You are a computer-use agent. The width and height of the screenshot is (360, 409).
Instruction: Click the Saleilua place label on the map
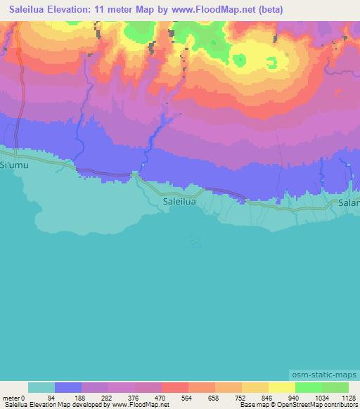pyautogui.click(x=179, y=201)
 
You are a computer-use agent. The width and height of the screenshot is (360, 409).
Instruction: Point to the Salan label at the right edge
pyautogui.click(x=349, y=203)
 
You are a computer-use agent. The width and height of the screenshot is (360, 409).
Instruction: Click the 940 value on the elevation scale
pyautogui.click(x=283, y=398)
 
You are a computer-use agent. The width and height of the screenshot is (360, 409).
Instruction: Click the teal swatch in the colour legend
pyautogui.click(x=41, y=387)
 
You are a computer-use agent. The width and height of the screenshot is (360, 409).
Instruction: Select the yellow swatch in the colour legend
pyautogui.click(x=281, y=387)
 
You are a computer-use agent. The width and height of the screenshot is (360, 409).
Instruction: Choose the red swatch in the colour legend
pyautogui.click(x=174, y=387)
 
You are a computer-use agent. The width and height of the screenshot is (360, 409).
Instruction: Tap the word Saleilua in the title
pyautogui.click(x=27, y=10)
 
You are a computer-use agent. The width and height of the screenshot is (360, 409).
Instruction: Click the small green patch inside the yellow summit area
pyautogui.click(x=240, y=60)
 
